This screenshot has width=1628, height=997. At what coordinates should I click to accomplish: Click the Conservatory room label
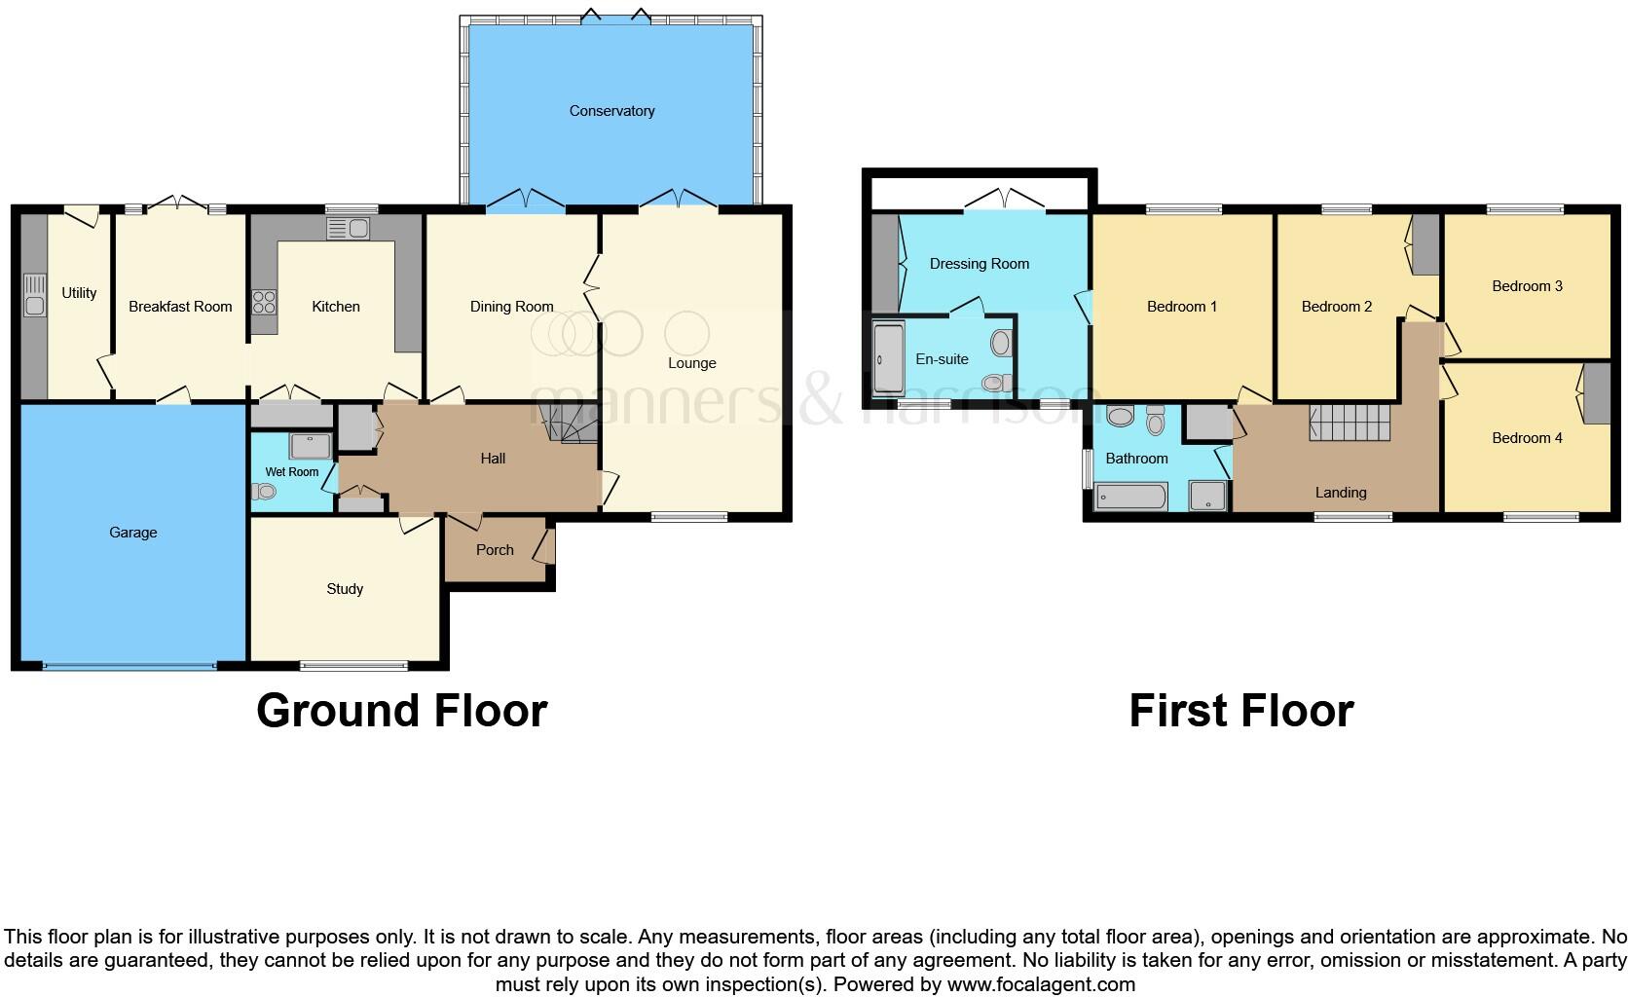611,111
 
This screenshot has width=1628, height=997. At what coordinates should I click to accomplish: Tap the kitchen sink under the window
348,230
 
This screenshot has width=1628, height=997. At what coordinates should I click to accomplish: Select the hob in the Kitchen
264,302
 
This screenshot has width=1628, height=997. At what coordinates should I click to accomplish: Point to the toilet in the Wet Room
263,493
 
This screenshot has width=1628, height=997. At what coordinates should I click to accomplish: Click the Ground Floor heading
401,711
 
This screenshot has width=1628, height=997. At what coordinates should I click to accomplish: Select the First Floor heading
1240,711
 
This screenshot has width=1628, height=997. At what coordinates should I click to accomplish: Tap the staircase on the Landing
1350,425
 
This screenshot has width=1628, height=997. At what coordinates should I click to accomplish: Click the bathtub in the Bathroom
1130,498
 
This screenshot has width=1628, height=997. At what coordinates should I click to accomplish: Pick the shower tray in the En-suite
888,358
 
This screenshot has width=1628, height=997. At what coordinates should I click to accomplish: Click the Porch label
495,550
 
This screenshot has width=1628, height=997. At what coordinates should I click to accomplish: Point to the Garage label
133,533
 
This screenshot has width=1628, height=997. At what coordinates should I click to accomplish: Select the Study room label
345,589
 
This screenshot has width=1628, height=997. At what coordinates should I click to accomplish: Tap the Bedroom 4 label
1527,438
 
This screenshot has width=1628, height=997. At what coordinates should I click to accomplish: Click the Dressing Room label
979,264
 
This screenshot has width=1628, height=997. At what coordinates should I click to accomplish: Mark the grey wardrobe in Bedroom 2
1425,243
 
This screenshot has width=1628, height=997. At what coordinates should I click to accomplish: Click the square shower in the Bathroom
1208,497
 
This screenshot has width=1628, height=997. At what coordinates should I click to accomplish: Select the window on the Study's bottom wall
353,666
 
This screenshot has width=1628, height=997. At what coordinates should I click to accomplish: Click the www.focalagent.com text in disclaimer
1041,984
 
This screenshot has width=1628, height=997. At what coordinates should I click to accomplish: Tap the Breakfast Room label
180,307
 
